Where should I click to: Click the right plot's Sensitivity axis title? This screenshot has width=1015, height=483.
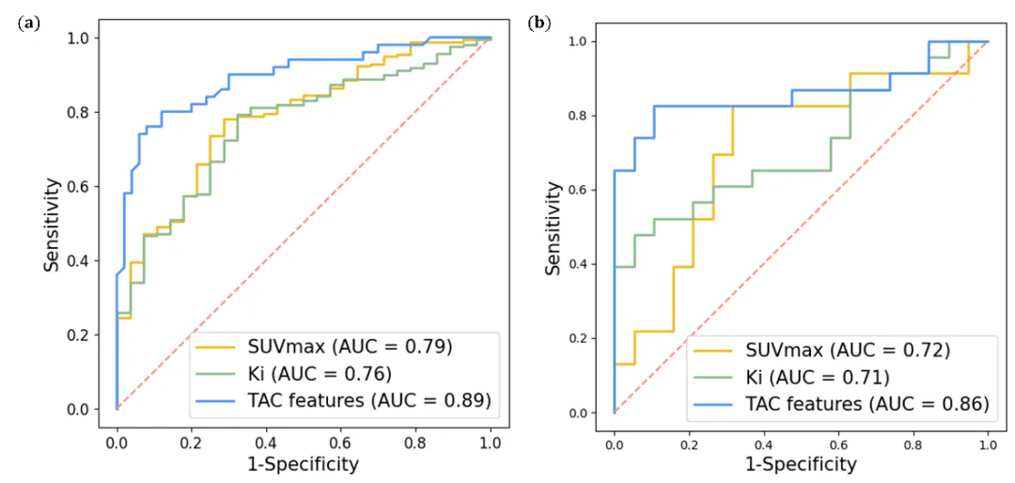554,226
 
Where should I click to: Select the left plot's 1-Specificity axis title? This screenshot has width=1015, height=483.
303,462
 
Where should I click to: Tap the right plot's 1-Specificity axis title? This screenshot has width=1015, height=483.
800,463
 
